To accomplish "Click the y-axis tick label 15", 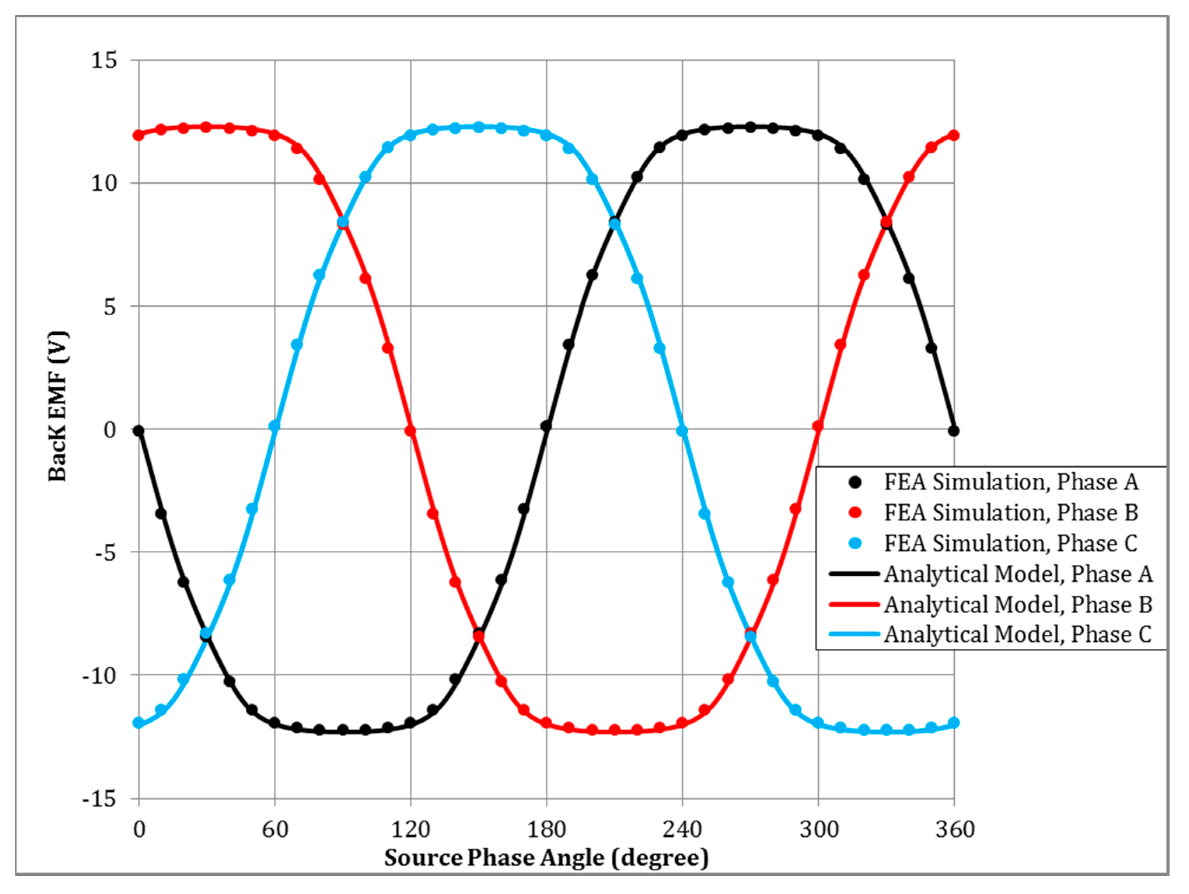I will [x=104, y=60].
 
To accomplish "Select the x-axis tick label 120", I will [x=411, y=829].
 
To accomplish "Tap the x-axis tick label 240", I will [x=682, y=829].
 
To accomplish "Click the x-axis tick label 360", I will [x=955, y=829].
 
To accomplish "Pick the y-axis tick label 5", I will [x=110, y=306].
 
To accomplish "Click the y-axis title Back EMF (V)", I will [x=58, y=406].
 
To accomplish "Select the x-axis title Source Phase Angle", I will [x=546, y=858].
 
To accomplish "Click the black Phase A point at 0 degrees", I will [x=139, y=431].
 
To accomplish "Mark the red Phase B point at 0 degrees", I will [x=139, y=135].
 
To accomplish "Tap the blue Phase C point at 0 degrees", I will [x=139, y=723].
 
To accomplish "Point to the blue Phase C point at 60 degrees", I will [x=275, y=426].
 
